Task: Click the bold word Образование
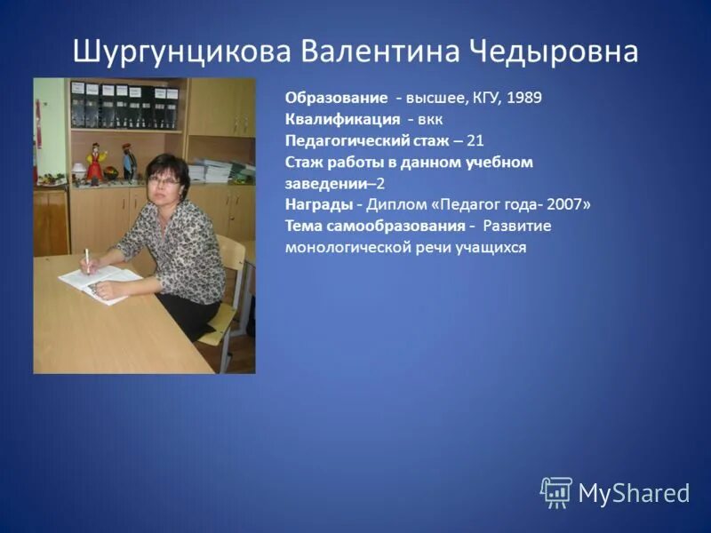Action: tap(337, 98)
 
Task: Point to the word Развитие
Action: tap(517, 226)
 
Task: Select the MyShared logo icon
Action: tap(556, 491)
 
